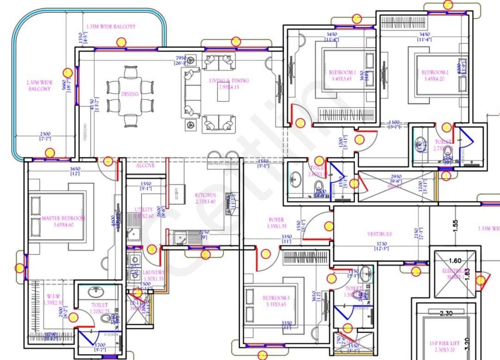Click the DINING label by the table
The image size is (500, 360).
130,94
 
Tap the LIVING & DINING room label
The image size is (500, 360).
229,81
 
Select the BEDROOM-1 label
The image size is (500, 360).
342,73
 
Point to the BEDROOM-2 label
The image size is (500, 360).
435,72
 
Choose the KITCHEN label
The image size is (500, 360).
205,195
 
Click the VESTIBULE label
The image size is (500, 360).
380,234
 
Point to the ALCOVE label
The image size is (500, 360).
145,165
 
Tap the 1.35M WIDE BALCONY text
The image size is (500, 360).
111,26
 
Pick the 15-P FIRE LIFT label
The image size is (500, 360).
445,344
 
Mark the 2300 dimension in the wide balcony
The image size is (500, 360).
45,134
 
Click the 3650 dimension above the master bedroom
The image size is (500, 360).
75,169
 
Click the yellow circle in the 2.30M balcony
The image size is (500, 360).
68,73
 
